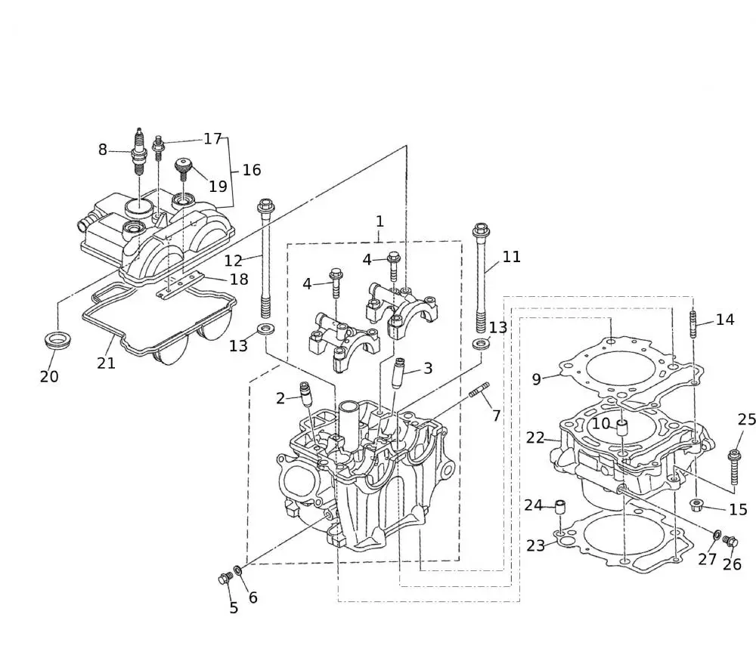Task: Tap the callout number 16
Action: tap(251, 170)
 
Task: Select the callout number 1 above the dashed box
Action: tap(380, 221)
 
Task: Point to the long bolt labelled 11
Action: tap(481, 280)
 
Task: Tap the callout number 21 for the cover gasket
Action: tap(106, 363)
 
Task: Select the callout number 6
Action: tap(253, 598)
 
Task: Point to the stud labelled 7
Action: tap(479, 392)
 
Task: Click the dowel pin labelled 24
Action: tap(560, 507)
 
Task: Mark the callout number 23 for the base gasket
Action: tap(535, 545)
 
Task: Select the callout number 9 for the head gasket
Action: tap(536, 379)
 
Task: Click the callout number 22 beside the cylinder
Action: tap(535, 437)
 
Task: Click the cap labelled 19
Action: tap(182, 165)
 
